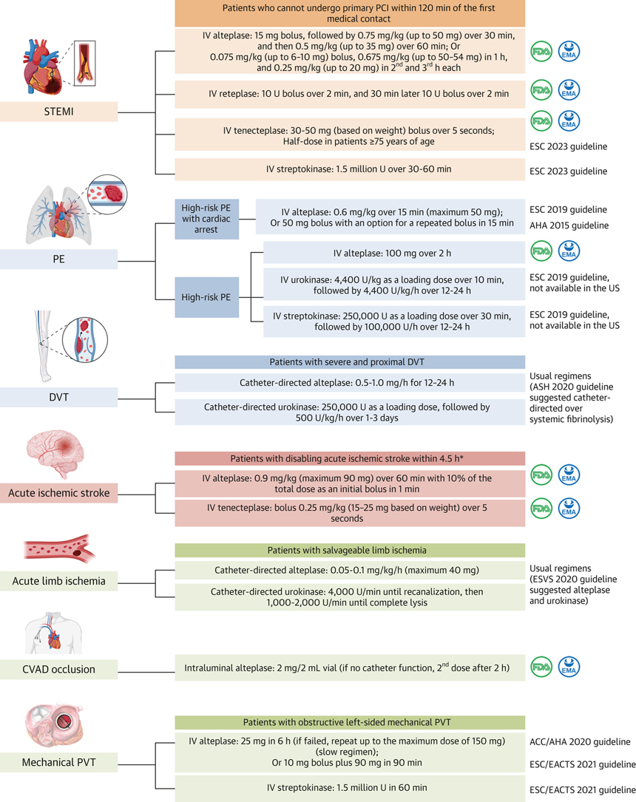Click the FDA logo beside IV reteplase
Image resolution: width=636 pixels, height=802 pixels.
point(542,94)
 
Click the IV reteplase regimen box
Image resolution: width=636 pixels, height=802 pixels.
point(349,94)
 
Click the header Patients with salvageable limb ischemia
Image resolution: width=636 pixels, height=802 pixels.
point(349,550)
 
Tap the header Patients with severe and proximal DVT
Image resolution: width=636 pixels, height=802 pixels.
point(349,362)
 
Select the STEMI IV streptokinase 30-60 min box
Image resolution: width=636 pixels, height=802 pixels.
point(349,169)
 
